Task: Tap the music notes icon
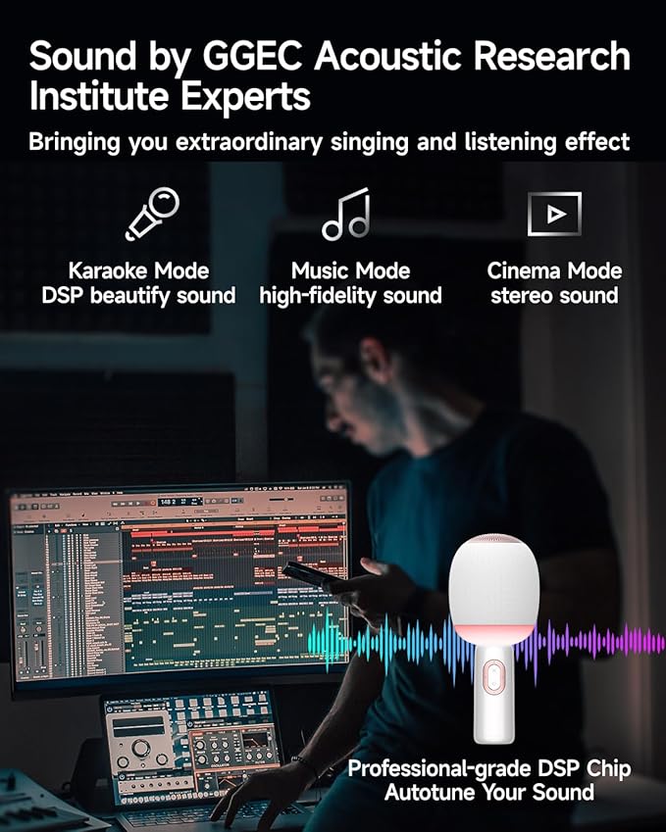[x=346, y=215]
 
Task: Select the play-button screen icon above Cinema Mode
[x=554, y=214]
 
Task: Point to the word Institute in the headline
[x=93, y=97]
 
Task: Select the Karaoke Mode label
[x=139, y=270]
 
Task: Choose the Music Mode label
[x=350, y=270]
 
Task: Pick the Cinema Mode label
[x=554, y=270]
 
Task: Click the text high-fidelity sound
[x=350, y=295]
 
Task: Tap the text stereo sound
[x=554, y=295]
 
